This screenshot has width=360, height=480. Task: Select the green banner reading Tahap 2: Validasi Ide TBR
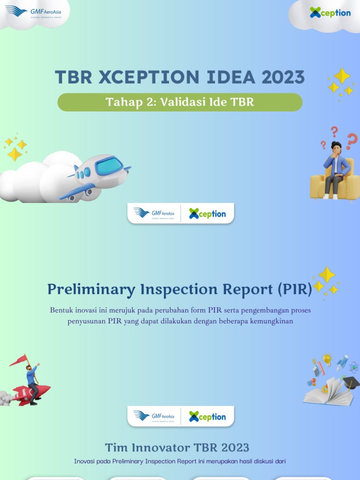180,102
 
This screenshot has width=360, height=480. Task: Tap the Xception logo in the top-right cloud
330,13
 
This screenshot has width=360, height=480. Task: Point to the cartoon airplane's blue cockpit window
109,165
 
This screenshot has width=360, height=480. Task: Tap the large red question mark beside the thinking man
352,140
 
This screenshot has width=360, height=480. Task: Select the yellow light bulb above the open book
327,360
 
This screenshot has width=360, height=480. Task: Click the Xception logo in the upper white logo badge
207,214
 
